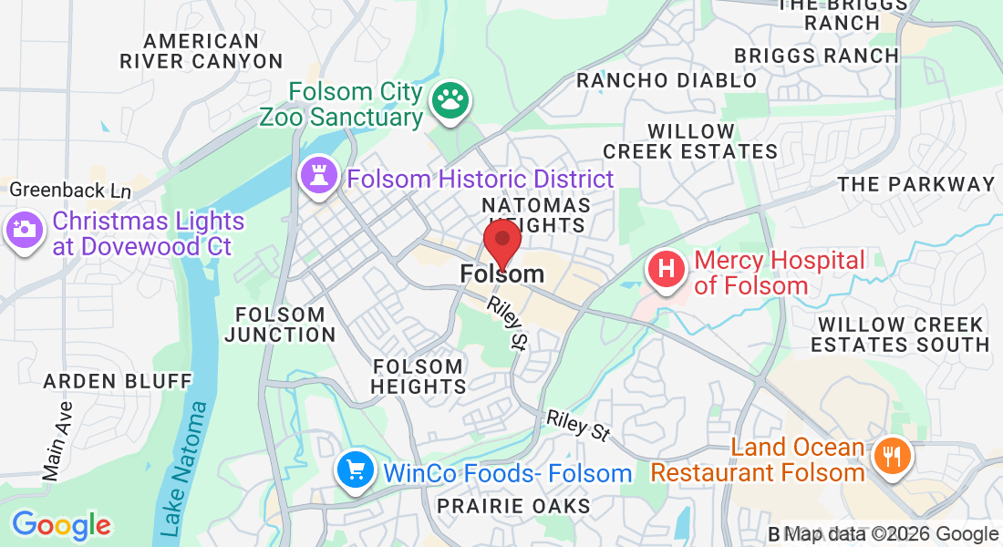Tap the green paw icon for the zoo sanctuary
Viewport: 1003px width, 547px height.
[x=449, y=103]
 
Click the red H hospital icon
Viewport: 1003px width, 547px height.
[x=667, y=270]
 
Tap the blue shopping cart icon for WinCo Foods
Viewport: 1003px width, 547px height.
[x=354, y=471]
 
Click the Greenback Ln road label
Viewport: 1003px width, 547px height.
[x=70, y=191]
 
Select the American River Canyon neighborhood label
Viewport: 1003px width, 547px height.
[x=202, y=51]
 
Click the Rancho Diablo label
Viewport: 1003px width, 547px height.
[x=667, y=80]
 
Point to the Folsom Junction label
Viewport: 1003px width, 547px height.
[x=280, y=325]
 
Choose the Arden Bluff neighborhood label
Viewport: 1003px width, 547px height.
[x=119, y=380]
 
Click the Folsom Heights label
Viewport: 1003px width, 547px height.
[x=419, y=377]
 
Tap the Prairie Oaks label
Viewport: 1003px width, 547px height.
[x=513, y=505]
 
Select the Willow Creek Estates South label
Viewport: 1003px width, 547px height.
[x=900, y=335]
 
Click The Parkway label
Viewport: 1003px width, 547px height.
[x=916, y=184]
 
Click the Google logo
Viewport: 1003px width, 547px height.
[x=61, y=525]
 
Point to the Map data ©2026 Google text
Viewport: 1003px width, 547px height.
[x=892, y=534]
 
